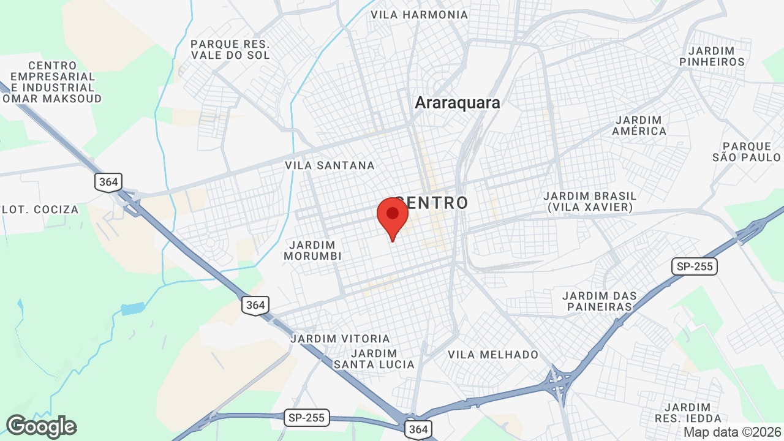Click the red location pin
click(393, 216)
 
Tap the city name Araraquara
click(458, 103)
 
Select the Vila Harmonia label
click(419, 15)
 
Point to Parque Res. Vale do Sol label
click(230, 50)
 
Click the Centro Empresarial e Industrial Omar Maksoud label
click(52, 82)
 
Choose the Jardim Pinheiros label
click(712, 56)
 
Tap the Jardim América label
click(639, 126)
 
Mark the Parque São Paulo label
click(747, 152)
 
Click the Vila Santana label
click(330, 165)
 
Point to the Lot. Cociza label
click(40, 209)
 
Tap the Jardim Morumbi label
click(312, 251)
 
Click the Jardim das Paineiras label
click(600, 301)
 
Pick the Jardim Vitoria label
click(340, 339)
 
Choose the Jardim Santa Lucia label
click(374, 359)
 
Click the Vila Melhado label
click(493, 355)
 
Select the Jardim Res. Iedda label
click(688, 413)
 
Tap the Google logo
click(41, 426)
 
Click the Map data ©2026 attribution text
click(731, 432)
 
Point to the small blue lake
click(132, 309)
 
